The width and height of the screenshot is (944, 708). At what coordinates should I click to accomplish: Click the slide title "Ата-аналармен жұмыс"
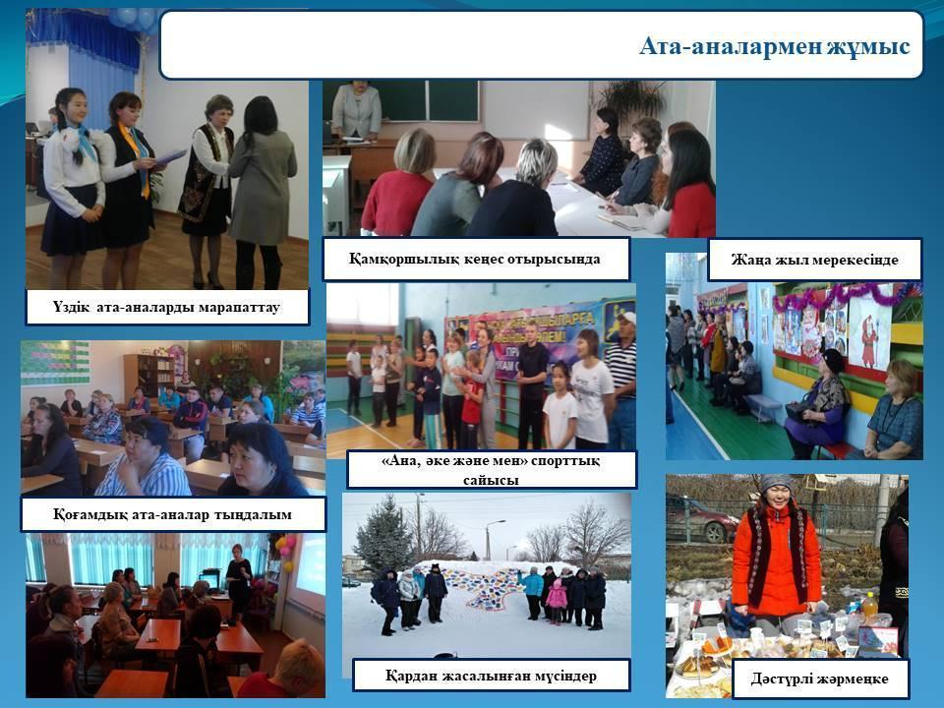774,46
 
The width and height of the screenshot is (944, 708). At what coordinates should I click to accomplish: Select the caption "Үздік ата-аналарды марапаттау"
166,307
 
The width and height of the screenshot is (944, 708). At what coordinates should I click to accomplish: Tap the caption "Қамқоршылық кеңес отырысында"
474,259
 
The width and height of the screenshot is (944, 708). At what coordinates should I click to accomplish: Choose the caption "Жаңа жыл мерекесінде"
814,260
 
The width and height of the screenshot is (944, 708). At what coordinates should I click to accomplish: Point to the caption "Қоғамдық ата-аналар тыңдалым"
172,514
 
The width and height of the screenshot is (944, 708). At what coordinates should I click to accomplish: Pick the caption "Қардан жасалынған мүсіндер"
491,676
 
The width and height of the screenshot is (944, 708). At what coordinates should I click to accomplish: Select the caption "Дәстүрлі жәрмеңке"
819,679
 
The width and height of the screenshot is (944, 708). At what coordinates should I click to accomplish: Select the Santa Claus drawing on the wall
869,334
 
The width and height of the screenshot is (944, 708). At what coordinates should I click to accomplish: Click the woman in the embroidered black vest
208,192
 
